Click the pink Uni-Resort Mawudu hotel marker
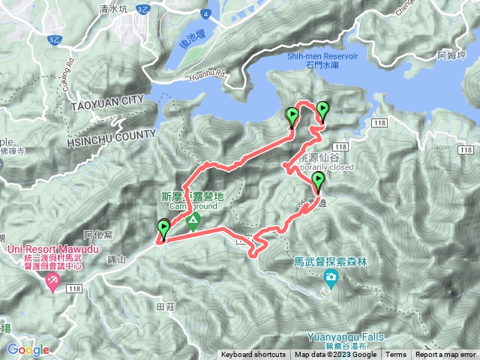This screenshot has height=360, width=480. (53, 282)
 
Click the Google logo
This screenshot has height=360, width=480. (28, 349)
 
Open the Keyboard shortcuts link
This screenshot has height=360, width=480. (253, 355)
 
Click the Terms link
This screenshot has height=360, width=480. (396, 355)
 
